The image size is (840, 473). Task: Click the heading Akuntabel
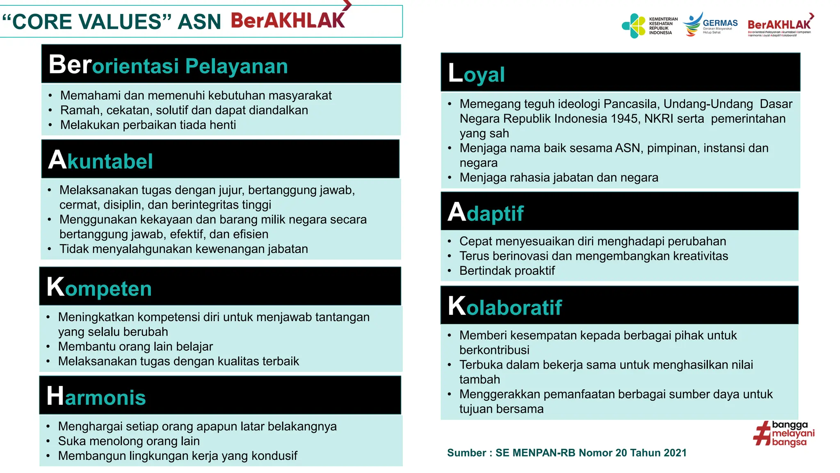(100, 160)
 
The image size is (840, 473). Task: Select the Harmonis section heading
(96, 396)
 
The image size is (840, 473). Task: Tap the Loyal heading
(476, 73)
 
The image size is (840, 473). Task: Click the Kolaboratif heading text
(504, 306)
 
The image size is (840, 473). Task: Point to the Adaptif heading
(486, 213)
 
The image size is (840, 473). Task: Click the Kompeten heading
(99, 287)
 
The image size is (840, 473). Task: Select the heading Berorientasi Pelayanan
(168, 65)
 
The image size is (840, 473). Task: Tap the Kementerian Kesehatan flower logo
(634, 26)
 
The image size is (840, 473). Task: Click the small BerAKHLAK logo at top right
(779, 25)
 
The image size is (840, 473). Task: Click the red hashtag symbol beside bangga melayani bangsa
(762, 434)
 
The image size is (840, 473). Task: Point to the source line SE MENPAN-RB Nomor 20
(566, 452)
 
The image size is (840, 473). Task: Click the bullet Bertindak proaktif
(507, 271)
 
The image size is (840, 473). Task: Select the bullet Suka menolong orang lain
(129, 441)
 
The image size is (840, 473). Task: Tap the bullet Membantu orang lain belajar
(135, 347)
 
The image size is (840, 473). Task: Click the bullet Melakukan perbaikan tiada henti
(148, 125)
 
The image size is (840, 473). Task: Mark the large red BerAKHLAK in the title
(288, 21)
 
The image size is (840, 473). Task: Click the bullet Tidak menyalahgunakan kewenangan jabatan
(183, 249)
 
